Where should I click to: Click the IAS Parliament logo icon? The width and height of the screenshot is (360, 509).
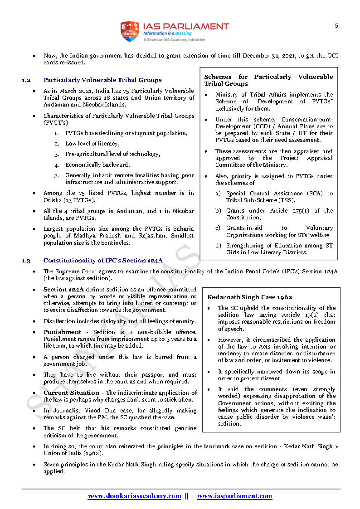[130, 32]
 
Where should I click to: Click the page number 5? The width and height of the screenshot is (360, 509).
[336, 26]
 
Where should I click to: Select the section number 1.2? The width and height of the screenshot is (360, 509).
[26, 80]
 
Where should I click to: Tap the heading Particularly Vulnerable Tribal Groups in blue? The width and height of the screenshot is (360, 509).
[102, 80]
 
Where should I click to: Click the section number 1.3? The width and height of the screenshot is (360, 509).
[26, 261]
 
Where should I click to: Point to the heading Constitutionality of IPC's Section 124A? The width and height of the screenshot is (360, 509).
[103, 261]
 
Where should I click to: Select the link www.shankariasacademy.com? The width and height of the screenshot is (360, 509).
[134, 496]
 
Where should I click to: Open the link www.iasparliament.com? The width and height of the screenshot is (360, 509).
[234, 496]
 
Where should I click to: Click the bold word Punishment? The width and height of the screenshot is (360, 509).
[62, 332]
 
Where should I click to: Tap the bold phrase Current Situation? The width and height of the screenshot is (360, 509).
[71, 393]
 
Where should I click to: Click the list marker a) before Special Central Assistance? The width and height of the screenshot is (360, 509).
[218, 194]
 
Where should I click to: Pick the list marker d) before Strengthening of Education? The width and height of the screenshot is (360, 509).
[218, 246]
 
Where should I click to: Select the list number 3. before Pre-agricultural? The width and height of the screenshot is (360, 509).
[56, 155]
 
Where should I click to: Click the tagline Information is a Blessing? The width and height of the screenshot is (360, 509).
[167, 34]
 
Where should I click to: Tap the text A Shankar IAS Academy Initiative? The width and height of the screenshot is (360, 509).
[174, 40]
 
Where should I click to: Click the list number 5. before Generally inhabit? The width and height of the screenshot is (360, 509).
[56, 175]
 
